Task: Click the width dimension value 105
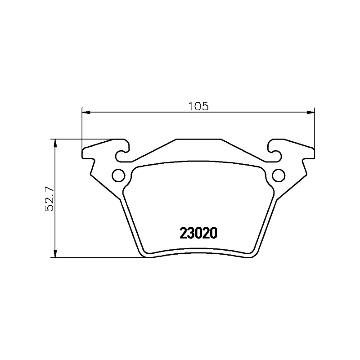(x=198, y=106)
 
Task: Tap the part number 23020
(x=198, y=233)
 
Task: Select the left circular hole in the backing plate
(x=118, y=175)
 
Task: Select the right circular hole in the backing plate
(x=279, y=175)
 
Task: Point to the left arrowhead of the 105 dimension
(x=86, y=112)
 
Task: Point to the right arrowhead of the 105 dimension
(x=311, y=112)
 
